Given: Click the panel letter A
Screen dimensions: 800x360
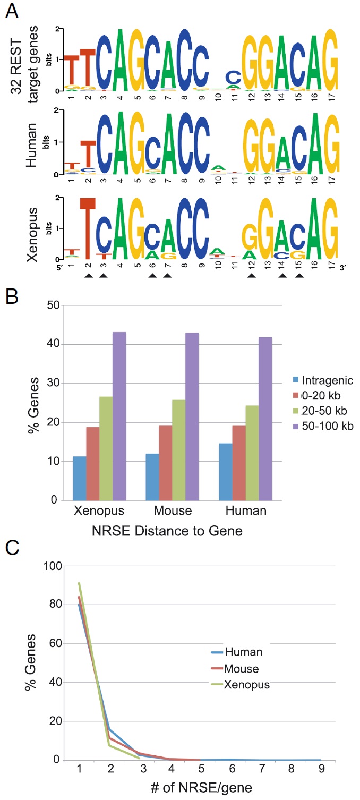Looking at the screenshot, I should pyautogui.click(x=11, y=11).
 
